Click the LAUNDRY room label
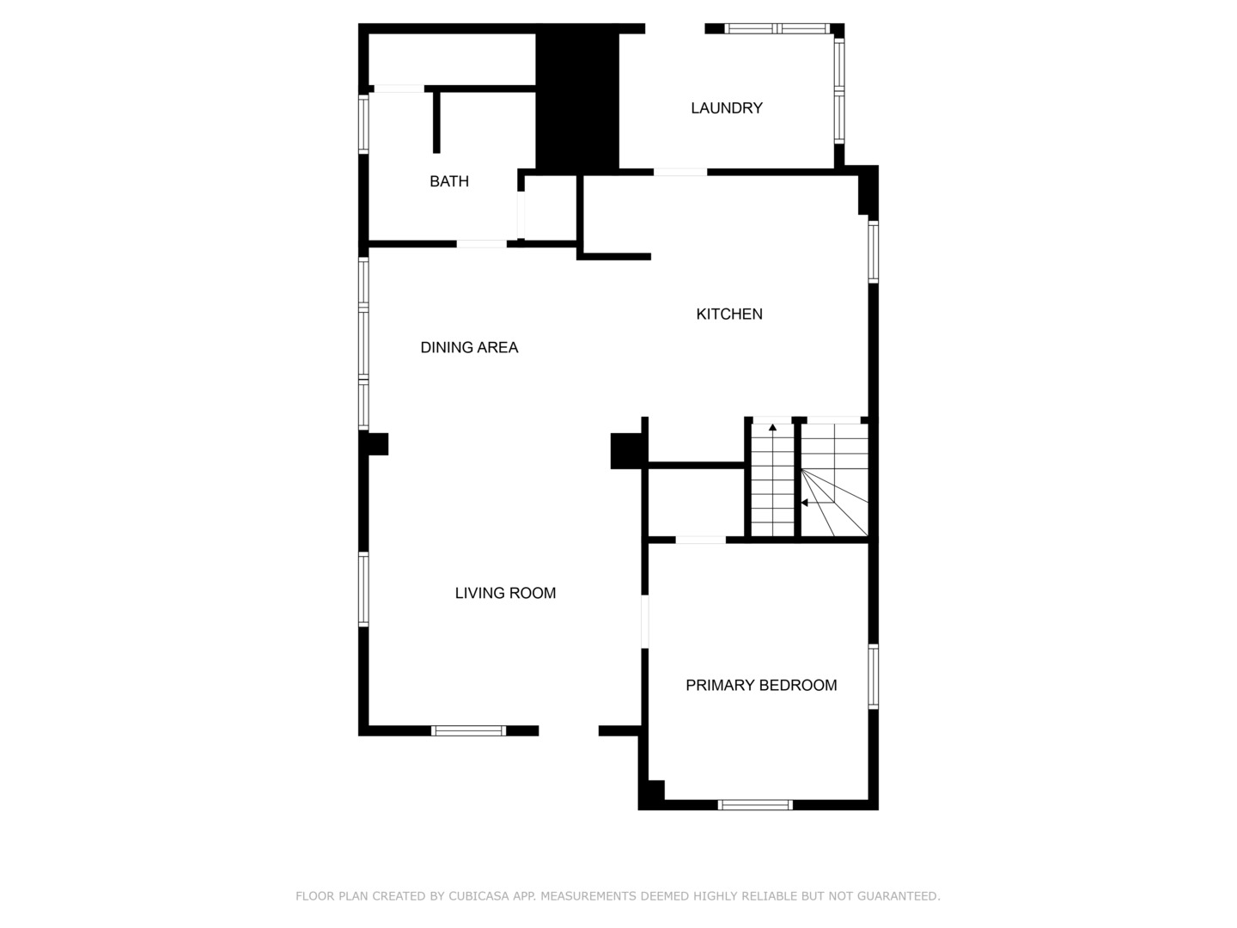click(x=727, y=107)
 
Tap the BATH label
click(x=449, y=181)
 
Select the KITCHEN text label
click(x=729, y=314)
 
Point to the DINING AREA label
click(x=469, y=347)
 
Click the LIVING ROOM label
click(x=505, y=593)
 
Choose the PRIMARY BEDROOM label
click(x=761, y=685)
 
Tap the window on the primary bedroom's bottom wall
click(x=755, y=804)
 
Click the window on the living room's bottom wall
click(x=468, y=730)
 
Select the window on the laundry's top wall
click(x=777, y=28)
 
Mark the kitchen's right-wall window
click(x=873, y=252)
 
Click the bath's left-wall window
click(x=363, y=124)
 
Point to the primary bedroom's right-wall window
click(x=873, y=676)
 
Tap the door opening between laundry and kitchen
click(x=680, y=172)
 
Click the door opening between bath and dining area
click(x=481, y=244)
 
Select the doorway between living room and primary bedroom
click(x=645, y=621)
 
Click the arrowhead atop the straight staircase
click(x=772, y=428)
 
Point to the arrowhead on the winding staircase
click(x=805, y=503)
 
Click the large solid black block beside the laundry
click(x=577, y=99)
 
